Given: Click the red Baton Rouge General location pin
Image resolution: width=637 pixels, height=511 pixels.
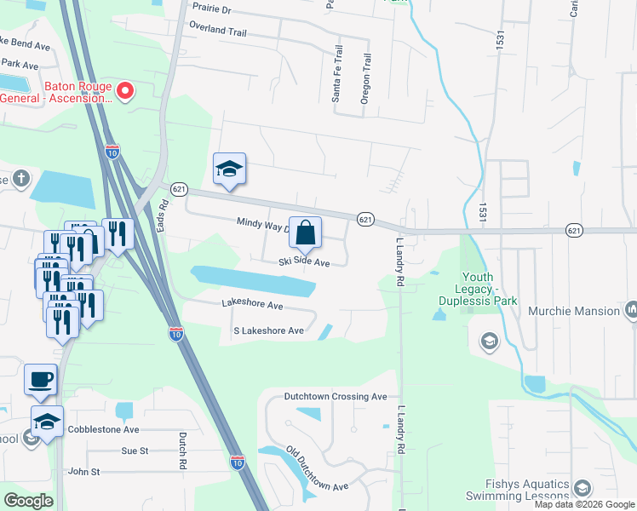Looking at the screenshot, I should click(124, 89).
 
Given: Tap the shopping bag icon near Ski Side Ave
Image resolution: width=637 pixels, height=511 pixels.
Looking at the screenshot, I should click(306, 232).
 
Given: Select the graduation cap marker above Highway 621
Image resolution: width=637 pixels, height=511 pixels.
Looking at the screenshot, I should click(229, 169).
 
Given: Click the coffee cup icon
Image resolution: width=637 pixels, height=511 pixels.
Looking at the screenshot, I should click(40, 379).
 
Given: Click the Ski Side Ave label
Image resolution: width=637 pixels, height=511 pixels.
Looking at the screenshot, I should click(304, 263).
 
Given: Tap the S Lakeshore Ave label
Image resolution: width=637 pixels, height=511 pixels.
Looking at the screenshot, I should click(268, 330).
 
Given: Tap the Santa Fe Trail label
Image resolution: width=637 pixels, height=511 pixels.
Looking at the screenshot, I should click(337, 75).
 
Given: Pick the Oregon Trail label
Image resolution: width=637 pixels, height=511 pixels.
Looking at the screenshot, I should click(367, 80).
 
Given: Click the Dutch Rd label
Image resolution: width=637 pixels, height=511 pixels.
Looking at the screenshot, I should click(182, 451).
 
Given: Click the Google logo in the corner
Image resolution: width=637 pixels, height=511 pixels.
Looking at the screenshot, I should click(28, 500).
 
